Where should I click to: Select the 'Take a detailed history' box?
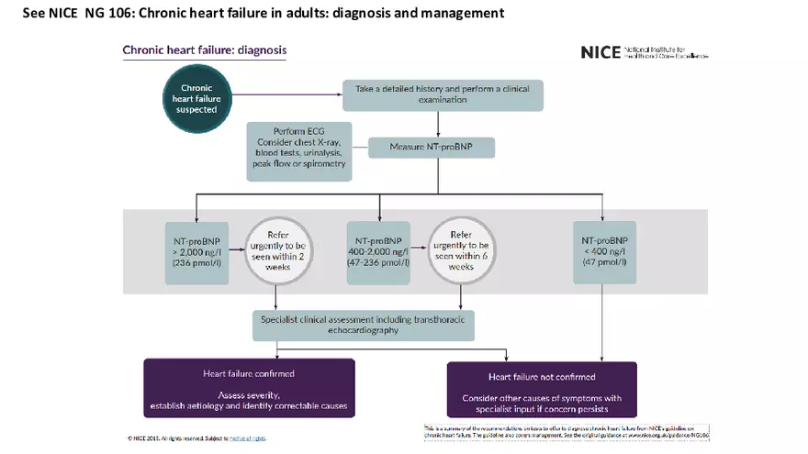[x=443, y=95]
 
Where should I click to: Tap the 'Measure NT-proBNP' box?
[x=432, y=148]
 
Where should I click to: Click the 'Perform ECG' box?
[x=299, y=150]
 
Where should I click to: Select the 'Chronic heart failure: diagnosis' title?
[x=205, y=50]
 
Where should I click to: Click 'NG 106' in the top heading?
[x=106, y=13]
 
